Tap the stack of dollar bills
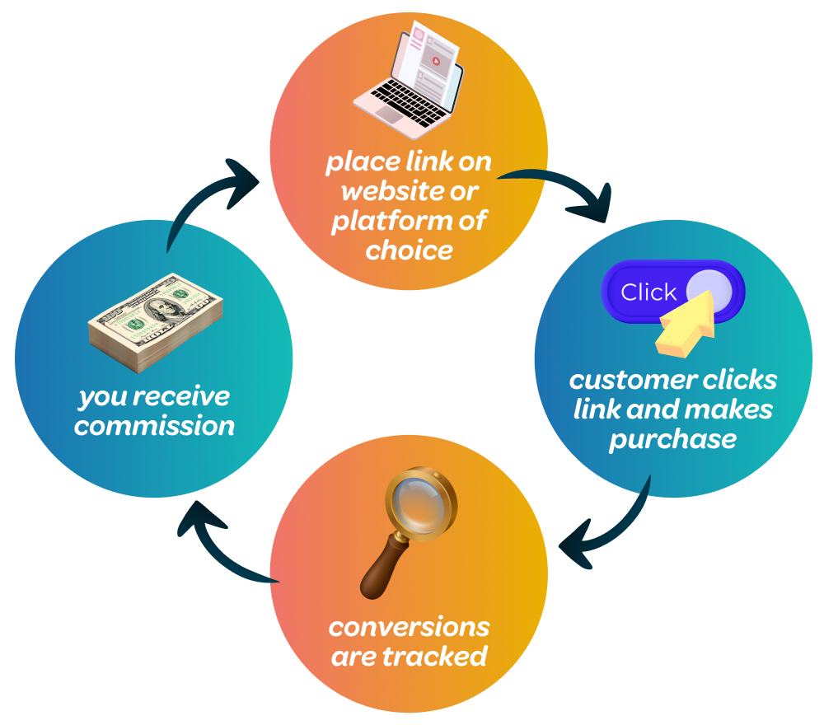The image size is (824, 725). (x=157, y=321)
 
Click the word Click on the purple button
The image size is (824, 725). (x=648, y=292)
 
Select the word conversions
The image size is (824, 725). (x=409, y=627)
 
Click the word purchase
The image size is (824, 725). (x=672, y=438)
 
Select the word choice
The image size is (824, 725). (x=409, y=250)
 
